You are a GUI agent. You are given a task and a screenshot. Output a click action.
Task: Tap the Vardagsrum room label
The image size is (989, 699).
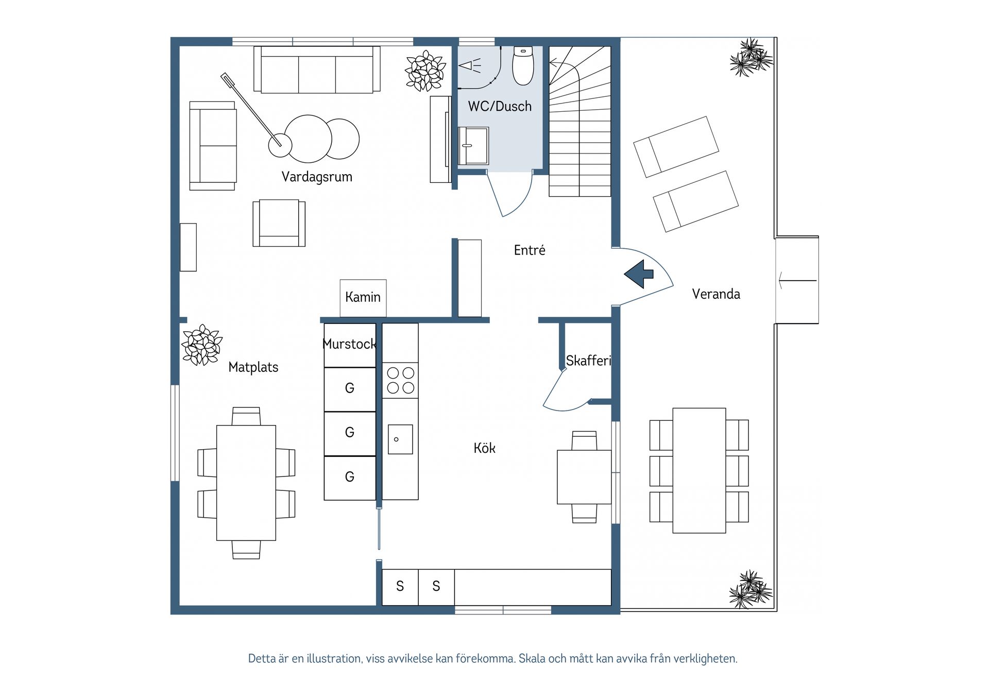[317, 177]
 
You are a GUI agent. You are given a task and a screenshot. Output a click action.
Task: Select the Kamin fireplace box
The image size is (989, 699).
[363, 298]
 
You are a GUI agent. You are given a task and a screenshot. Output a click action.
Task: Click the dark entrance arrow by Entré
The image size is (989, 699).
[639, 274]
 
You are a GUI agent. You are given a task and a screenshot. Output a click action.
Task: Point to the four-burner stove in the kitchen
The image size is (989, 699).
[401, 380]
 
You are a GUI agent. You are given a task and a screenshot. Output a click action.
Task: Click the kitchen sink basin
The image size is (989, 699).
[400, 439]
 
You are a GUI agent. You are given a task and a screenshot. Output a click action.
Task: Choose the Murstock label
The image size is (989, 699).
[349, 344]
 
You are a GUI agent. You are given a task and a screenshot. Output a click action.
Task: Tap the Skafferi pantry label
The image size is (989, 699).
[588, 361]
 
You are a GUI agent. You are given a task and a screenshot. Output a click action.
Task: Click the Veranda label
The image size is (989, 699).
[716, 294]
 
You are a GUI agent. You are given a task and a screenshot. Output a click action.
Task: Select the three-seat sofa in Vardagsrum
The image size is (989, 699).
[317, 70]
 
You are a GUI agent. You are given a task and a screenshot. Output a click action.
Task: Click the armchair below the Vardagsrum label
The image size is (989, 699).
[279, 223]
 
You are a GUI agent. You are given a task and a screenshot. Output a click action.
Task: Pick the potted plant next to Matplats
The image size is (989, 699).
[202, 345]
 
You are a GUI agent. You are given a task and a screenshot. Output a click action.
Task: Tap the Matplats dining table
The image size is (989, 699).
[246, 483]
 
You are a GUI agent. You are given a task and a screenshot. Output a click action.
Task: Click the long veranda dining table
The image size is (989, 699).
[699, 471]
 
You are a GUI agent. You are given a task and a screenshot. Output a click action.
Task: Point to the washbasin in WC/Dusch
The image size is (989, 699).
[473, 146]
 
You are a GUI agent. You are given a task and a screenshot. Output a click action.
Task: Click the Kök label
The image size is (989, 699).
[484, 448]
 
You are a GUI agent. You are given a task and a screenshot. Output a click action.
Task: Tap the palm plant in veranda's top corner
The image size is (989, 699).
[752, 58]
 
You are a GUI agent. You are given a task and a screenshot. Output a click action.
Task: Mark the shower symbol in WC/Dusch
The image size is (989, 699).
[470, 66]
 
